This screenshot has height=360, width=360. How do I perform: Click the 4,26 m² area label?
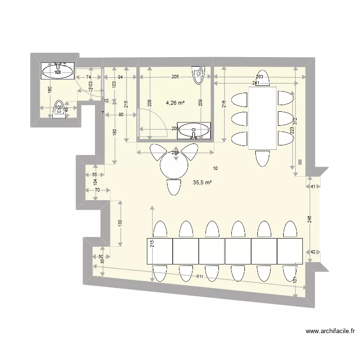click(175, 102)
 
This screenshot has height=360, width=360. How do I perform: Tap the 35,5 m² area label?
click(202, 182)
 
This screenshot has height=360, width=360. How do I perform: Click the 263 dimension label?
click(260, 77)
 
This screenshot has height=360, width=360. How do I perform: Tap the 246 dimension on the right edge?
click(310, 219)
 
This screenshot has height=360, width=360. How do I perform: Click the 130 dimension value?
click(120, 222)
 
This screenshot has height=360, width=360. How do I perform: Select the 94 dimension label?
click(120, 77)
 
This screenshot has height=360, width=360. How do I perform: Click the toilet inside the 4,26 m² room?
click(198, 75)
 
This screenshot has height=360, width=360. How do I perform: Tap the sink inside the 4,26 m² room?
click(193, 129)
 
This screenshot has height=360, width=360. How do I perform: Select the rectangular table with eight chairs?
click(262, 118)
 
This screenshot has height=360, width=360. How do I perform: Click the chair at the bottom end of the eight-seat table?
click(262, 158)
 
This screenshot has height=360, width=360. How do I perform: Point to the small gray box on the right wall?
click(300, 162)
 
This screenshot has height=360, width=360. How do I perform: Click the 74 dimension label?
click(89, 77)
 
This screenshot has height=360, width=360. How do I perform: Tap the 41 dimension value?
click(313, 186)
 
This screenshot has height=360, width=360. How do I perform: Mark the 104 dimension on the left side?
click(95, 182)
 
